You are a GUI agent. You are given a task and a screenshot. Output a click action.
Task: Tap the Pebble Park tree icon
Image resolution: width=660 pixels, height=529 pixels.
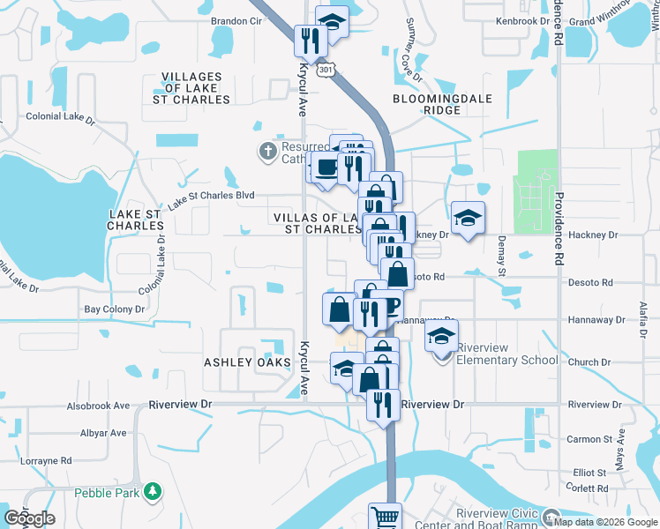pos(154,490)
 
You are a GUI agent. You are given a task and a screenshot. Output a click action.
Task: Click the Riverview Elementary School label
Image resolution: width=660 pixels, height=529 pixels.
pos(506,360)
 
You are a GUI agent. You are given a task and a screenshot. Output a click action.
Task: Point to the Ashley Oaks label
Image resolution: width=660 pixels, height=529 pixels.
pos(247,362)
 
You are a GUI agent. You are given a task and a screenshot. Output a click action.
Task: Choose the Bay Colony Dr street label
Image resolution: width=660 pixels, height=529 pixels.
pos(114,309)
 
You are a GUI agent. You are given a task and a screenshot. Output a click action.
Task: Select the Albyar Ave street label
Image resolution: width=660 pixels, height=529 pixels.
pos(103,433)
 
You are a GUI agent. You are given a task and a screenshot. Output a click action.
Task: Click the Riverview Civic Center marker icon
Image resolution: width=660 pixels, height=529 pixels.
pos(551,517)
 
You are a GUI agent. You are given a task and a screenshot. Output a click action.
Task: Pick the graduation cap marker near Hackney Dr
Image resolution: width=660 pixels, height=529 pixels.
pos(468,217)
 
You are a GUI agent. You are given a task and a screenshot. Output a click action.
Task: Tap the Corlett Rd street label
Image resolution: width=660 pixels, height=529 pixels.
pos(589,488)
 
